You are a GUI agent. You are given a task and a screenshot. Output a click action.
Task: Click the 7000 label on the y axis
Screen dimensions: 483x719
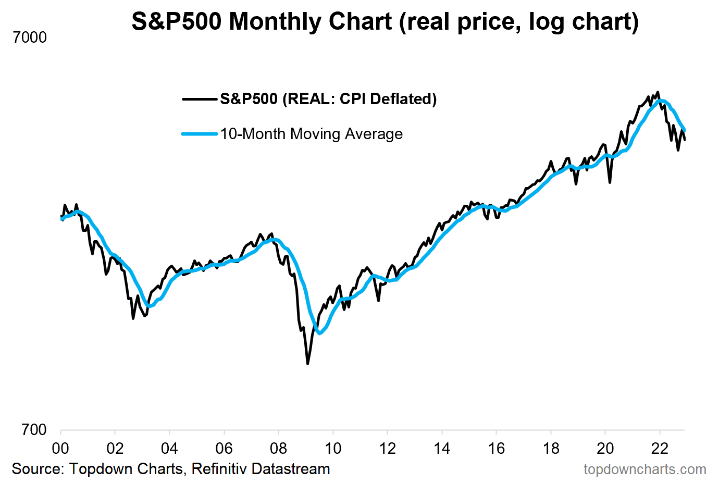[x=30, y=38]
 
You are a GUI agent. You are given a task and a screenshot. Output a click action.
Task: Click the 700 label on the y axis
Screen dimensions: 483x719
[x=34, y=430]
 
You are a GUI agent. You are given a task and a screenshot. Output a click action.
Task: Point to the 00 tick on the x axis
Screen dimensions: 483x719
[x=60, y=448]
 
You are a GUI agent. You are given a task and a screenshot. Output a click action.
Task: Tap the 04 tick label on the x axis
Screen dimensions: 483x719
[x=169, y=448]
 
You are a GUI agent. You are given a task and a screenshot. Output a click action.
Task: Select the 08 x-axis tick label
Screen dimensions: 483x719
[x=278, y=448]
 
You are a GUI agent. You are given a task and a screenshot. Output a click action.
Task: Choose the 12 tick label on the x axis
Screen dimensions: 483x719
[x=387, y=448]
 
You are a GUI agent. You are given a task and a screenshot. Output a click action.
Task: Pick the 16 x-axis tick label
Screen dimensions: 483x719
[x=496, y=448]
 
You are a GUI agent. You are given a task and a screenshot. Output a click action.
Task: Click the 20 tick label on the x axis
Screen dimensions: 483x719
[x=605, y=448]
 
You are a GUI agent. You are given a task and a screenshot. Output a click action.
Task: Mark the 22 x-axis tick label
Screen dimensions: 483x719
[x=660, y=448]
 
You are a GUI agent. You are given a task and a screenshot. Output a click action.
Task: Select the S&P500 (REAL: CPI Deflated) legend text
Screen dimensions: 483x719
[x=328, y=99]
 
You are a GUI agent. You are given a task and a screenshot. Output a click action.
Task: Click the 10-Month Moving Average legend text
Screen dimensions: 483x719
[x=311, y=134]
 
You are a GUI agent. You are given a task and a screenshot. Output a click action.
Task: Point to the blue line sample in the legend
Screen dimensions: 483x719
[x=199, y=134]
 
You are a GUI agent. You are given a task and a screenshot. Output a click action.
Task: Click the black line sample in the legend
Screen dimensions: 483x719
[x=199, y=99]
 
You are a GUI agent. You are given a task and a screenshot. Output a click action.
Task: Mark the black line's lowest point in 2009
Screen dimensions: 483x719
[x=308, y=364]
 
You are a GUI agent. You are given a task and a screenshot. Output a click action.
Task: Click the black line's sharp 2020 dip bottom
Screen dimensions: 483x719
[x=610, y=182]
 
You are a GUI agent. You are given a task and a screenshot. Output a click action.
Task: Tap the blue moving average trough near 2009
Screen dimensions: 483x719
[x=319, y=333]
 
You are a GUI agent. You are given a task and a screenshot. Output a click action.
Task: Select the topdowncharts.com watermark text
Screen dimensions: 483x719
[x=644, y=469]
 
